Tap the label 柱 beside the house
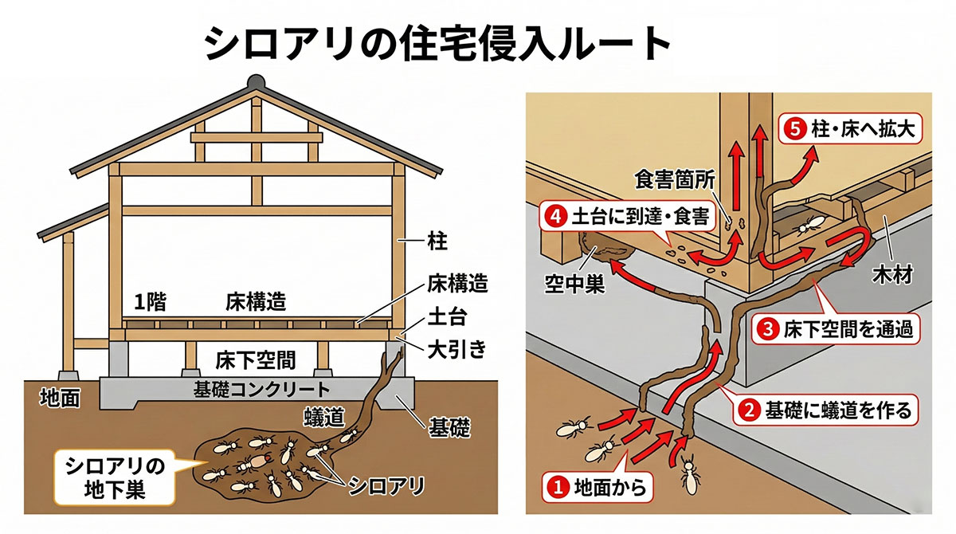coord(437,241)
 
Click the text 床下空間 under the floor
coord(255,360)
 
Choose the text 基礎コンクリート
coord(261,390)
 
